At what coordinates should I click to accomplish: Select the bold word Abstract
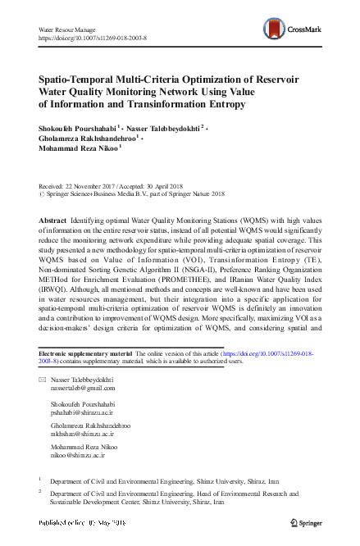tap(53, 222)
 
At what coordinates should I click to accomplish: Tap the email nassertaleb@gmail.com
tap(83, 412)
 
